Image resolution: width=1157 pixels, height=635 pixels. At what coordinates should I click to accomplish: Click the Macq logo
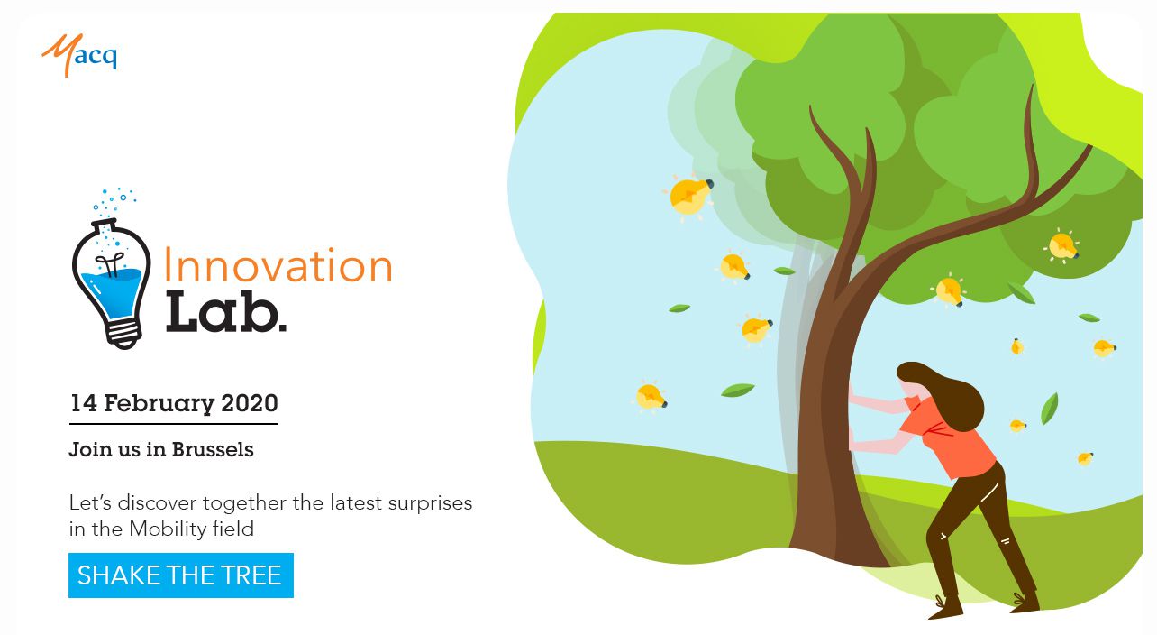tap(79, 55)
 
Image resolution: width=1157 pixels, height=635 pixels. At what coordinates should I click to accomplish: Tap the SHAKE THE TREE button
tap(181, 575)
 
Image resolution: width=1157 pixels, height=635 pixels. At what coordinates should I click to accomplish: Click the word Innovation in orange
tap(278, 264)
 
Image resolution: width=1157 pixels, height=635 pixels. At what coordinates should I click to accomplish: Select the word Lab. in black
tap(225, 311)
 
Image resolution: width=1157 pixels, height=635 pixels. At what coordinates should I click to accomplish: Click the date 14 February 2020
tap(174, 403)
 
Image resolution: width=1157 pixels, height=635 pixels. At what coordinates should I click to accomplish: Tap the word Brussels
tap(213, 449)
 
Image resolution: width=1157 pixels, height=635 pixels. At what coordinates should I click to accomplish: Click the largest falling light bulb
tap(689, 196)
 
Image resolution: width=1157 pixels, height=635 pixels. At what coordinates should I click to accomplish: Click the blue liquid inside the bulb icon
tap(111, 292)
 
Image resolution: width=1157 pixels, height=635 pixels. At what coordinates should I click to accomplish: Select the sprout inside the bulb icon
tap(110, 263)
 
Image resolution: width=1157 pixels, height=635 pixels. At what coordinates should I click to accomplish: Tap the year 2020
tap(250, 403)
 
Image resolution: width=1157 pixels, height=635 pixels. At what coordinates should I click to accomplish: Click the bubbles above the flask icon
tap(114, 202)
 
